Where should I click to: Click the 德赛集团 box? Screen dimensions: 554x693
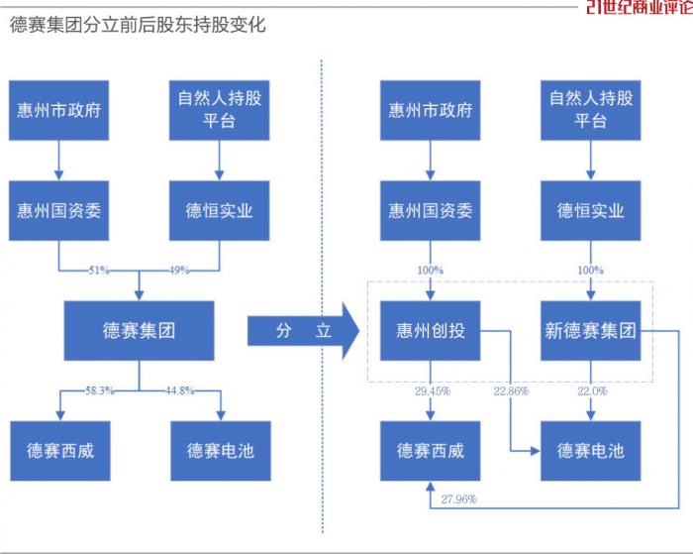139,331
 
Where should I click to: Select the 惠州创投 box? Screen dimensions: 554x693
431,331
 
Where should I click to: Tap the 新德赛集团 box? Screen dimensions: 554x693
591,331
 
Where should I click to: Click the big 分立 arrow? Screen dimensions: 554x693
302,331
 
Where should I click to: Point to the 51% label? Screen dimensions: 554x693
99,270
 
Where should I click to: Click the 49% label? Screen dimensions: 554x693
179,270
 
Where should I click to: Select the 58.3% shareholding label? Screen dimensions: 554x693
100,390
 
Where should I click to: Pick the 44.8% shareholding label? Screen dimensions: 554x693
180,390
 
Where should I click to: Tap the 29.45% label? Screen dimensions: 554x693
432,391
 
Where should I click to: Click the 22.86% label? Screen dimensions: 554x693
513,391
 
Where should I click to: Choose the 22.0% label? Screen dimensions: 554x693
592,391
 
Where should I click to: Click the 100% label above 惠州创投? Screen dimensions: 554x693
431,270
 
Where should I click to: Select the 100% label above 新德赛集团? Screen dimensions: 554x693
592,270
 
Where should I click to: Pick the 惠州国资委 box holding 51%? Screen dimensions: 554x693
58,210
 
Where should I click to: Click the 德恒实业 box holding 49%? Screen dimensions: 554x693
220,210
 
